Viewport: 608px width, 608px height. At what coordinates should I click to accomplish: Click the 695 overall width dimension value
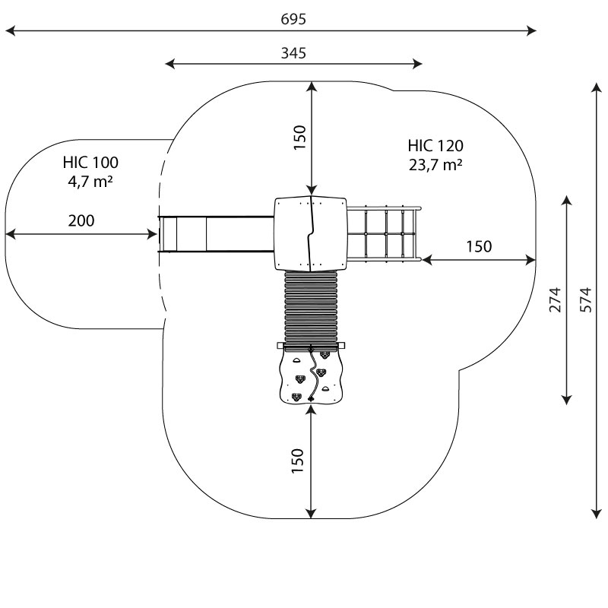tap(293, 20)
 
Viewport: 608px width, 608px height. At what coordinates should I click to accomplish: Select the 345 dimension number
tap(293, 53)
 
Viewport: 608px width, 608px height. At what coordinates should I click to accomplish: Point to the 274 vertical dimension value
tap(556, 299)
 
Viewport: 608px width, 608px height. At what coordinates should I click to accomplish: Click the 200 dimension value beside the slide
tap(81, 221)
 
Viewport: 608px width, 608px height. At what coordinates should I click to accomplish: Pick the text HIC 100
tap(90, 162)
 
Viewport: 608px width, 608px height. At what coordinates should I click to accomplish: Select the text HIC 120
tap(435, 146)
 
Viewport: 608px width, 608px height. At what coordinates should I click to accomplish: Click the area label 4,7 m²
tap(90, 181)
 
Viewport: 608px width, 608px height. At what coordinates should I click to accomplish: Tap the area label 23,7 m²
tap(435, 165)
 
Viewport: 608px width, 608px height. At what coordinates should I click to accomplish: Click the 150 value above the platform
tap(299, 138)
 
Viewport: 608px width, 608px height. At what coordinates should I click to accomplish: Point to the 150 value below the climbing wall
tap(297, 461)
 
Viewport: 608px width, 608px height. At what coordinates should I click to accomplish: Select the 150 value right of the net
tap(478, 246)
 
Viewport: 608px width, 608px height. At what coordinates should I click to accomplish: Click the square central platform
tap(310, 233)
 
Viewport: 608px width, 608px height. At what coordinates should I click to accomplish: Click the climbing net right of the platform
tap(385, 233)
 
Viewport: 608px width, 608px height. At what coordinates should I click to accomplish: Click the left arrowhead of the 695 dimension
tap(9, 31)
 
